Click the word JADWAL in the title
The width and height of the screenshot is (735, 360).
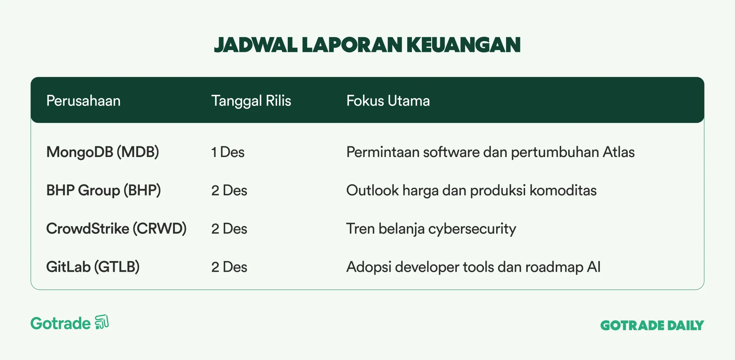(255, 45)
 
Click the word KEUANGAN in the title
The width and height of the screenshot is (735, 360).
(463, 45)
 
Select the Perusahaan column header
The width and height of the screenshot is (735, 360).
(83, 101)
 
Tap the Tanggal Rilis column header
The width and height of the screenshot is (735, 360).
(251, 101)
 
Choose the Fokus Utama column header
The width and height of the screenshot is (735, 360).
(388, 101)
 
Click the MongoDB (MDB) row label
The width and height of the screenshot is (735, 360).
(103, 152)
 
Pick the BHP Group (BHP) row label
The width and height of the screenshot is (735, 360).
(104, 190)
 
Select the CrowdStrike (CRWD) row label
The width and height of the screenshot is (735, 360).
(116, 229)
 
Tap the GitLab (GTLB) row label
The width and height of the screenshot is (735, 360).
(93, 267)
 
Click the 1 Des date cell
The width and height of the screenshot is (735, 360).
(228, 152)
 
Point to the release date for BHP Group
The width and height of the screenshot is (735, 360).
(229, 190)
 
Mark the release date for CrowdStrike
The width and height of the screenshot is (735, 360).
(229, 229)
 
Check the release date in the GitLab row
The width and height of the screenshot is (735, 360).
(229, 267)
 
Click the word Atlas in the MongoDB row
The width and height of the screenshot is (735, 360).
(619, 152)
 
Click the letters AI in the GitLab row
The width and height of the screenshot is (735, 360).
(594, 267)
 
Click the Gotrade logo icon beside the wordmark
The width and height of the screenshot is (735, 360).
(102, 322)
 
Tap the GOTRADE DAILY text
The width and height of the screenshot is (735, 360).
(652, 325)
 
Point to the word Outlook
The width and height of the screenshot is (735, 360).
(373, 190)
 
